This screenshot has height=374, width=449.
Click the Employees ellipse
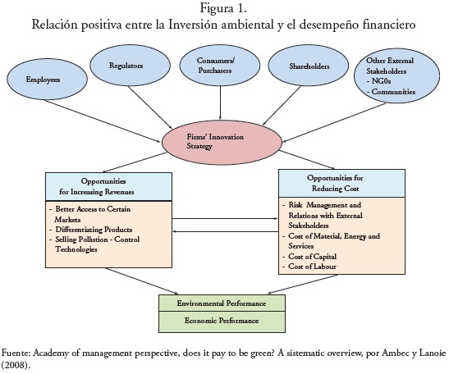point(47,79)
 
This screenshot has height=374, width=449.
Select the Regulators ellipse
point(130,66)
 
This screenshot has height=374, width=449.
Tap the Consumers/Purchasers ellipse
point(220,66)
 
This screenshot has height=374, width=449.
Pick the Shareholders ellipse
point(308,66)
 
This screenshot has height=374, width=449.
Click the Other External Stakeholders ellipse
point(396,75)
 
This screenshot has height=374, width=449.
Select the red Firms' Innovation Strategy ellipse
point(222,142)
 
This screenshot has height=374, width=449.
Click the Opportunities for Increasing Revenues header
point(109,186)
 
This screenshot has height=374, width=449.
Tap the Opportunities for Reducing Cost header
point(342,183)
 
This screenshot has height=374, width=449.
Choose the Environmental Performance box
point(222,303)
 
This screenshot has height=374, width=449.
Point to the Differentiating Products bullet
point(90,230)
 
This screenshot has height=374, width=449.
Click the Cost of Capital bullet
point(309,257)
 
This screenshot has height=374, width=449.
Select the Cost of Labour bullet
point(309,267)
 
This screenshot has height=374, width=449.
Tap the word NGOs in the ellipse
point(381,81)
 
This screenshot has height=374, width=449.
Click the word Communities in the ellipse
point(393,92)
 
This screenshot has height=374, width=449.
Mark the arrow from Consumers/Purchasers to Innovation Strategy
point(220,103)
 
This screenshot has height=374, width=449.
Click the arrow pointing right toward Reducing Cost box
point(226,219)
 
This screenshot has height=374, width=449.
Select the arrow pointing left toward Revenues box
point(226,231)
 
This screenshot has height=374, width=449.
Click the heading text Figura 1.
point(223,8)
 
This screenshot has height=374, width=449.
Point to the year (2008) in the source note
point(16,366)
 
